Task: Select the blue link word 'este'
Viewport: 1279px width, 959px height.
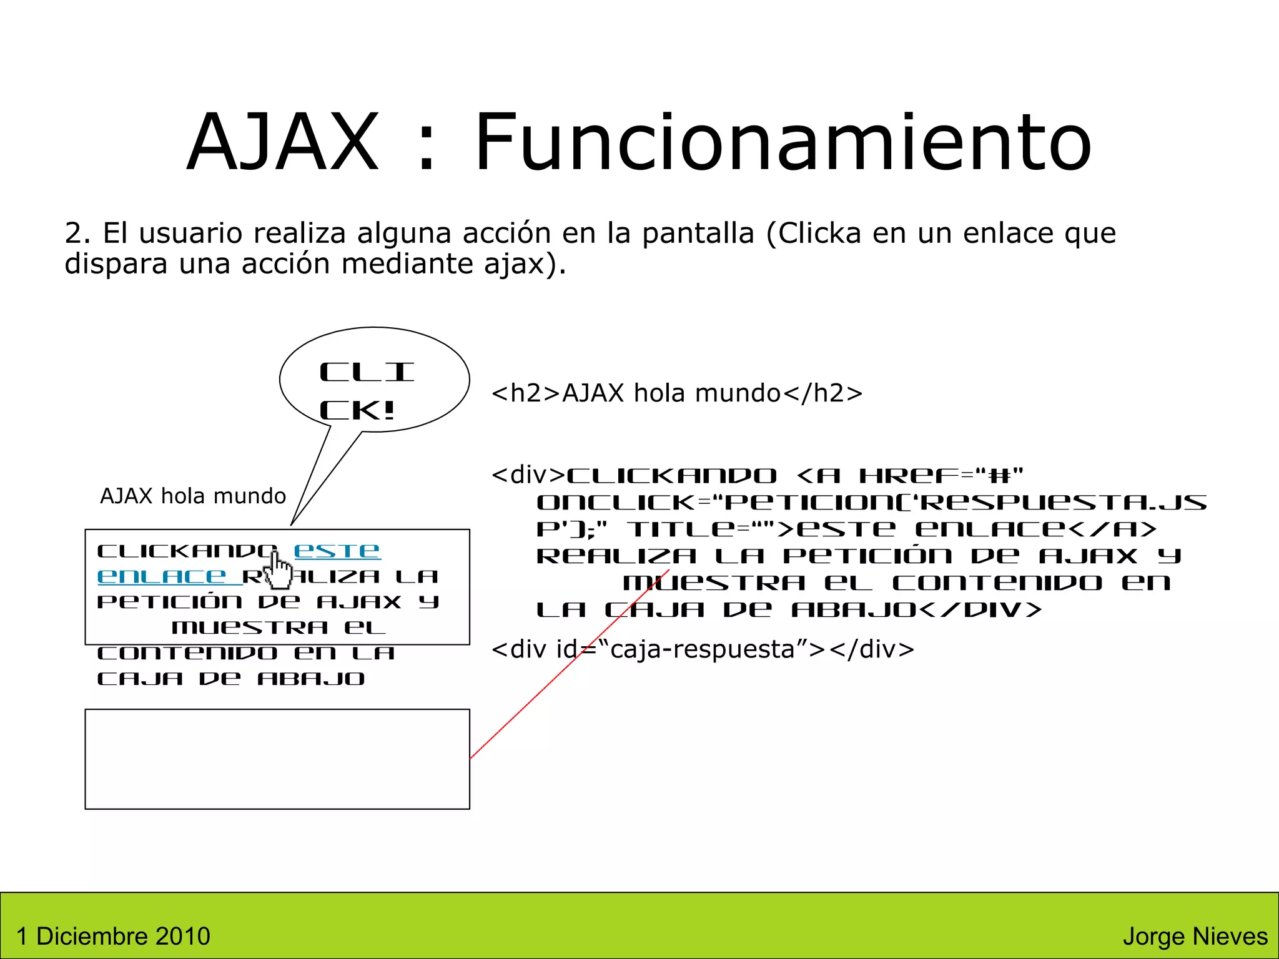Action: pos(337,551)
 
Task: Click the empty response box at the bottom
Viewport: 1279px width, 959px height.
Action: pos(277,759)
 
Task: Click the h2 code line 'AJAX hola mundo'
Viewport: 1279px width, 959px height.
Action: pos(677,393)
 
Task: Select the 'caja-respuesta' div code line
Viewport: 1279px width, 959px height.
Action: pos(703,649)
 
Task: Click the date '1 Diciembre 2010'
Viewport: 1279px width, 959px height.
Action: pos(113,936)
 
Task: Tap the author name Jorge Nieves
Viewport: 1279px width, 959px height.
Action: pos(1195,936)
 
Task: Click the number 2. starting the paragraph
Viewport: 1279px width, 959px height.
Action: pos(78,234)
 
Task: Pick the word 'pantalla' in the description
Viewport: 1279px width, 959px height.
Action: pos(698,234)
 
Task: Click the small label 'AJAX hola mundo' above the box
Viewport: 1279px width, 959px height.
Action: pos(193,496)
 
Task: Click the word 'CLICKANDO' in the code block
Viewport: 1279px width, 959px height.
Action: pos(671,476)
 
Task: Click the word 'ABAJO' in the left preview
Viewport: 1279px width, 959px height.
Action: pos(311,679)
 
